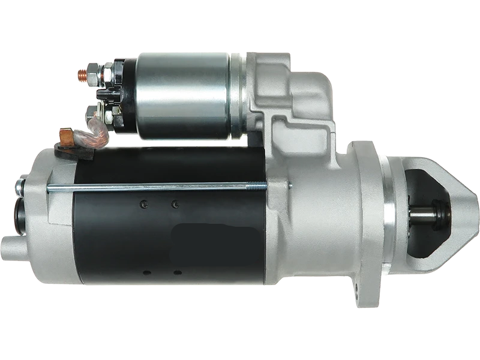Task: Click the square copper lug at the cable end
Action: pyautogui.click(x=67, y=137)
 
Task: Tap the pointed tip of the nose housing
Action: pyautogui.click(x=474, y=210)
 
